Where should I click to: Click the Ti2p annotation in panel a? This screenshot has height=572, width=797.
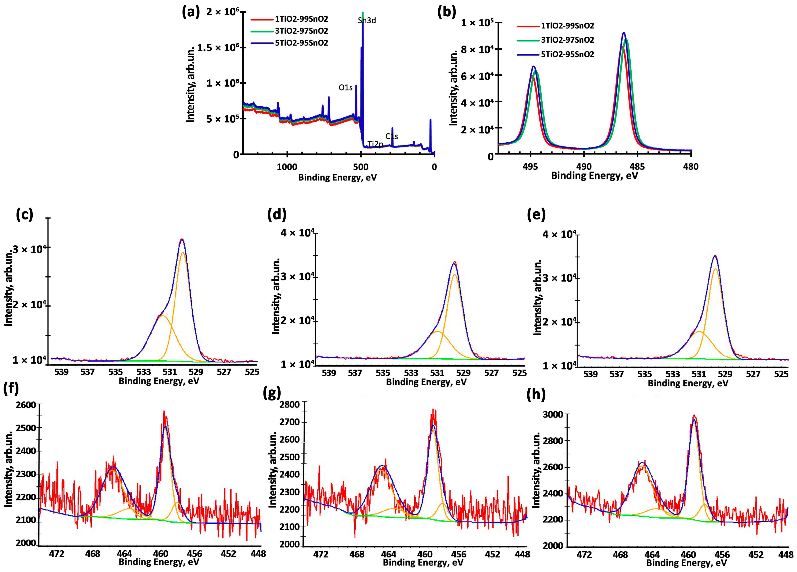click(x=375, y=144)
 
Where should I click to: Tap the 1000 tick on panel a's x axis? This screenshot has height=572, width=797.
click(x=287, y=167)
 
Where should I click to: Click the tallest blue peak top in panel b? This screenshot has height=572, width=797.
click(x=624, y=33)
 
